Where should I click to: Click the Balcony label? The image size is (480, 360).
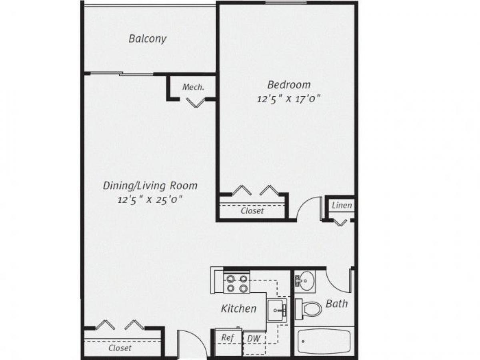click(147, 39)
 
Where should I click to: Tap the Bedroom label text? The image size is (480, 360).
click(289, 85)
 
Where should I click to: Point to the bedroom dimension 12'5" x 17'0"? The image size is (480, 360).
click(289, 98)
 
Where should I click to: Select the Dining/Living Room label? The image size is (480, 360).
click(150, 186)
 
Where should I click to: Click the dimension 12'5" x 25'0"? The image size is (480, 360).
click(150, 199)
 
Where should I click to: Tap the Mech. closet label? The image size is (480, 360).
click(193, 87)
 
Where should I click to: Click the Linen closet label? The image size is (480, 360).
click(342, 206)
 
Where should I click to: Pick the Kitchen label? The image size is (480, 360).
click(239, 308)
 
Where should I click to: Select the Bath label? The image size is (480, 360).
click(336, 304)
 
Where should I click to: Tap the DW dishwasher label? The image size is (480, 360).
click(254, 339)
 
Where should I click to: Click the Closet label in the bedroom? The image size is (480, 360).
click(252, 211)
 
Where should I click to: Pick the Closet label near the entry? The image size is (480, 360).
click(120, 348)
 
